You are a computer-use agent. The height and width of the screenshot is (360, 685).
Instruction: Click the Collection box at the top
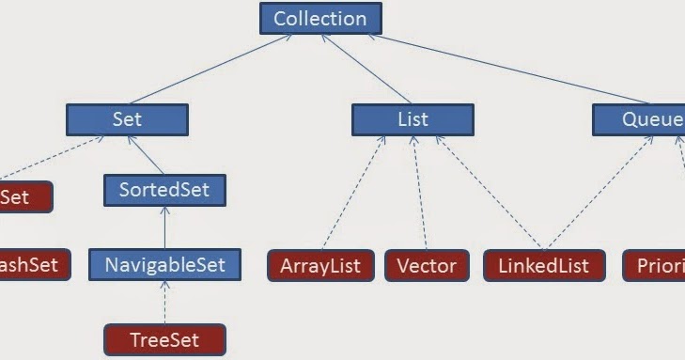pyautogui.click(x=319, y=18)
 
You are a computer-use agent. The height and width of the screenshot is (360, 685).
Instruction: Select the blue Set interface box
pyautogui.click(x=127, y=119)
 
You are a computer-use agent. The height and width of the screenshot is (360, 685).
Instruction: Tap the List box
pyautogui.click(x=413, y=119)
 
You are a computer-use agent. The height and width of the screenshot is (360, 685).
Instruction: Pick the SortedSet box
pyautogui.click(x=164, y=189)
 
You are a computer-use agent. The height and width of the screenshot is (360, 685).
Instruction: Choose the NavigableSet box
pyautogui.click(x=164, y=264)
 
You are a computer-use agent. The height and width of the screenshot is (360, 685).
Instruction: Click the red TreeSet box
pyautogui.click(x=164, y=339)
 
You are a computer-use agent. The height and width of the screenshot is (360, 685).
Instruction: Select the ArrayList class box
pyautogui.click(x=320, y=265)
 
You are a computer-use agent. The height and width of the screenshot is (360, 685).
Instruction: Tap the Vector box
pyautogui.click(x=426, y=265)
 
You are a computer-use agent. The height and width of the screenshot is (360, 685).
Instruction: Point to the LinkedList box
pyautogui.click(x=544, y=265)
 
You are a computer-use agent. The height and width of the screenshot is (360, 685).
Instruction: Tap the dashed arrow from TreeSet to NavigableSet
pyautogui.click(x=164, y=302)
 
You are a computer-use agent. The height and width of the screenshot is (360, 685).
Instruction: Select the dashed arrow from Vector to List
pyautogui.click(x=420, y=193)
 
